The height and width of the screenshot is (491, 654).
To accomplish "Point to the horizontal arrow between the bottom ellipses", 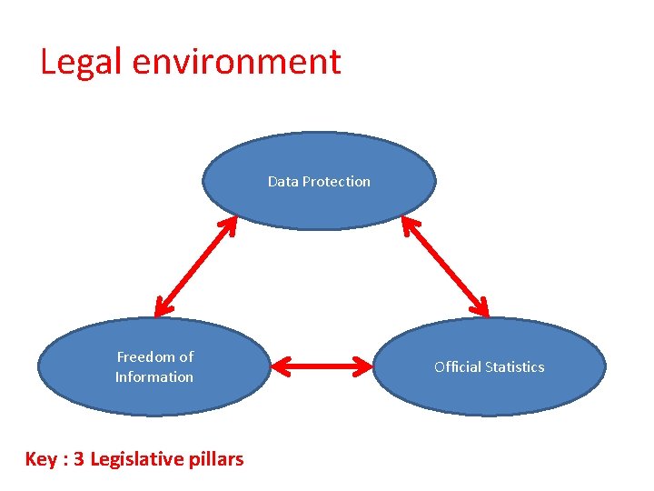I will (x=323, y=366).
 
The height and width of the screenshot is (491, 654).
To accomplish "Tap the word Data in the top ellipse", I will (x=282, y=181).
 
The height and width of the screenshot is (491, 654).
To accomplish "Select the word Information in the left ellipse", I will (x=154, y=376).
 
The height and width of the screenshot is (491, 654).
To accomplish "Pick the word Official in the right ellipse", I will (x=455, y=366).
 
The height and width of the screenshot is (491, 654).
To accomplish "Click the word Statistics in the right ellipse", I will (x=513, y=366).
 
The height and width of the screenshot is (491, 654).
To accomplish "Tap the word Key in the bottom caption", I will (x=41, y=459).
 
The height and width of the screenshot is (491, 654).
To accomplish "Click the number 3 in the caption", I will (x=79, y=459).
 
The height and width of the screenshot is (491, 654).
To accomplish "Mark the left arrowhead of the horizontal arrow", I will (x=279, y=366).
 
